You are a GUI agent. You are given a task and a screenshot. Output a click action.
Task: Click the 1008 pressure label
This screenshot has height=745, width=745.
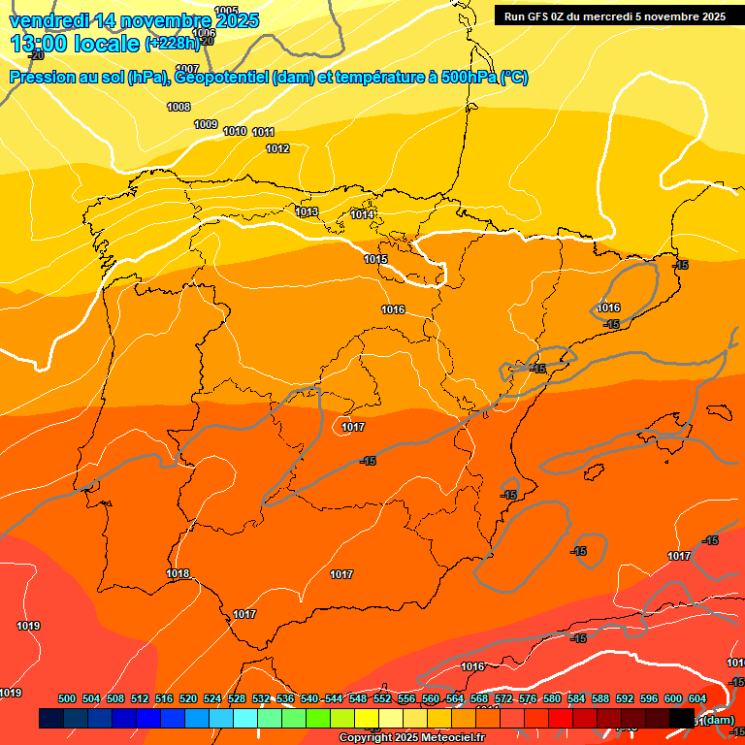click(x=178, y=107)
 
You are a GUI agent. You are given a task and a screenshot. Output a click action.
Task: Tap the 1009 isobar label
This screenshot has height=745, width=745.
click(x=206, y=124)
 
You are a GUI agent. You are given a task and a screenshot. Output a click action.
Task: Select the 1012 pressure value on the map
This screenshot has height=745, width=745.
click(x=277, y=148)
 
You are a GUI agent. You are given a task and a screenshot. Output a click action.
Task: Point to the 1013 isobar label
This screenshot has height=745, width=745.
click(x=307, y=211)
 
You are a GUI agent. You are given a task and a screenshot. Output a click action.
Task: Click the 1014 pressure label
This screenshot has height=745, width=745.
click(x=363, y=214)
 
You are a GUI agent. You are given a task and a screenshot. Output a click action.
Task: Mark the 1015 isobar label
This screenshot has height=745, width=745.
click(x=375, y=259)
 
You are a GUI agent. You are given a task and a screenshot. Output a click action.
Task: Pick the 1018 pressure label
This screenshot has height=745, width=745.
click(x=178, y=573)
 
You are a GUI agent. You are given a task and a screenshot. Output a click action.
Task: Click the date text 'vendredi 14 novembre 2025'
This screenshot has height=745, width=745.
click(x=135, y=20)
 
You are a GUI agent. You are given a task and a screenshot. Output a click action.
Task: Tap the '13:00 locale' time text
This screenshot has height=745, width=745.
click(x=75, y=44)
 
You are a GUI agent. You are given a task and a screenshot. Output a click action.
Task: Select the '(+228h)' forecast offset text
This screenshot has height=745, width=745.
click(x=172, y=44)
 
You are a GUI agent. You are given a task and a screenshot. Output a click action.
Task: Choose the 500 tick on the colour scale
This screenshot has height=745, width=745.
click(x=67, y=698)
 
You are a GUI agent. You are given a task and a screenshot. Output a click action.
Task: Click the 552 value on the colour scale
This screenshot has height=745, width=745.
click(x=381, y=698)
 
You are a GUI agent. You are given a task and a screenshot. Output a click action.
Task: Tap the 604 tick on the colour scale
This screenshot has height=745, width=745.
click(x=696, y=698)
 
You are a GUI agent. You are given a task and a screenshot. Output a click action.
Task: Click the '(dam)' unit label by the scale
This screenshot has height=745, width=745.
click(x=718, y=720)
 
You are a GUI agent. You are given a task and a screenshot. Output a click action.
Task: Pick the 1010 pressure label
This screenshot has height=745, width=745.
click(x=235, y=131)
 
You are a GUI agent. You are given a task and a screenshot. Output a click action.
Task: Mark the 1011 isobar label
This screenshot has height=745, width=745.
click(x=264, y=132)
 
